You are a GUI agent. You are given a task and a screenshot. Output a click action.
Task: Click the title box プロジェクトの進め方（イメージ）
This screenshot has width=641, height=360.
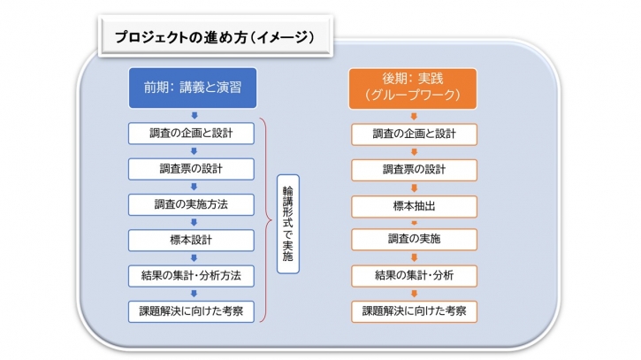pos(216,36)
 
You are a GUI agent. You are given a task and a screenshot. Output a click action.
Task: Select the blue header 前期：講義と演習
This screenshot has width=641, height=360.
pos(193,88)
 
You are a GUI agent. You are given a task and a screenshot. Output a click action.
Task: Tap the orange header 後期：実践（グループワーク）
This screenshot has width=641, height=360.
pos(413,88)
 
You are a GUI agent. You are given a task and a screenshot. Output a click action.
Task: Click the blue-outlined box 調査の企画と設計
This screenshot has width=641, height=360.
pos(191,134)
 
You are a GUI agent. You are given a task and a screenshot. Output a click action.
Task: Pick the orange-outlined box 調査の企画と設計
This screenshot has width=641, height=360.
pos(414,134)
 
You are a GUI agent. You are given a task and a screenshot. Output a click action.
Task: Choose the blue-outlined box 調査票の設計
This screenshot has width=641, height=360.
pos(191,169)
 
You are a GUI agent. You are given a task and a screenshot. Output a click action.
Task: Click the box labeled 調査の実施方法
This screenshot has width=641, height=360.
pos(191,204)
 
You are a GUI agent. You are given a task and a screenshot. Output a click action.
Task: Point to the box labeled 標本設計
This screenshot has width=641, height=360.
pos(191,240)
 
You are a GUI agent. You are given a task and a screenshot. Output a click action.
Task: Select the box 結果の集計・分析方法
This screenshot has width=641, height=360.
pos(191,276)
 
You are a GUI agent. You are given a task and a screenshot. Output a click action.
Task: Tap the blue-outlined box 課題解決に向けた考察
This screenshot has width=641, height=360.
pos(191,311)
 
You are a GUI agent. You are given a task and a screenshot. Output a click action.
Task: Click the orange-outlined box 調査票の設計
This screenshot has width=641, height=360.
pos(414,170)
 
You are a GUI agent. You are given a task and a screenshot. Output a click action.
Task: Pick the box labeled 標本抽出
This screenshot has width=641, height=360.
pos(414,206)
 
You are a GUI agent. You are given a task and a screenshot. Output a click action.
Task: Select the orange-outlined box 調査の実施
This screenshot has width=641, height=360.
pos(414,240)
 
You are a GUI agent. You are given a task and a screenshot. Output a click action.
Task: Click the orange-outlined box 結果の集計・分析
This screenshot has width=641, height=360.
pos(414,276)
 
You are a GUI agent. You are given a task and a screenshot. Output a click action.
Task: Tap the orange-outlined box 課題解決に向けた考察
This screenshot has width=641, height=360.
pos(414,311)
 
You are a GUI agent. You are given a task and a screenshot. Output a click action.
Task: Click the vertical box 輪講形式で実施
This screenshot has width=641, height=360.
pos(288,224)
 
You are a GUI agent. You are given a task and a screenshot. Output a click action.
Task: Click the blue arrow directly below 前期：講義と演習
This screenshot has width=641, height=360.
pos(195,115)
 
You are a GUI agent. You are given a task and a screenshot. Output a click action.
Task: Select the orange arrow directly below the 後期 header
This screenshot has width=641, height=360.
pos(414,116)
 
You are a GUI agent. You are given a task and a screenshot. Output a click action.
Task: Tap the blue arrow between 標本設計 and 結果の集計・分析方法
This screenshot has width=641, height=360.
pos(195,257)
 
